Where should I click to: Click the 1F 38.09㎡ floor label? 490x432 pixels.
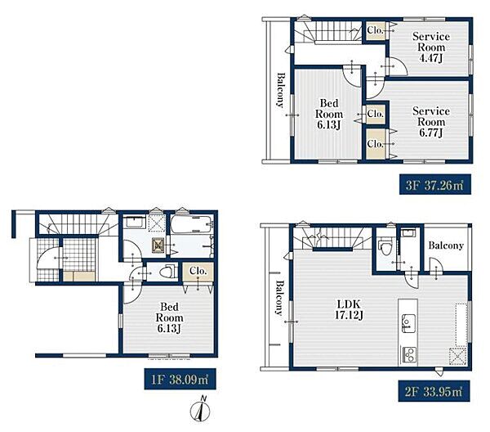coord(180,380)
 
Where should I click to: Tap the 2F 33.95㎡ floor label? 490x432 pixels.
coord(434,391)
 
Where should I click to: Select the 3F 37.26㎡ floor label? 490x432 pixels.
coord(435,185)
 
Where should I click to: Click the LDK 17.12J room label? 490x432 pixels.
coord(349,309)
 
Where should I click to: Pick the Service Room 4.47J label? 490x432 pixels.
coord(431,47)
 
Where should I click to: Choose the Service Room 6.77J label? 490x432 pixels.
coord(431,122)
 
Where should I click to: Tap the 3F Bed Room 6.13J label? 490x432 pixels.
coord(329,114)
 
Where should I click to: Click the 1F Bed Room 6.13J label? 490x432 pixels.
coord(169,317)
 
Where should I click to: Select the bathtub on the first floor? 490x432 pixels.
coord(192,224)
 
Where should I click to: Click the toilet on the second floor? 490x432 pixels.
coord(384,247)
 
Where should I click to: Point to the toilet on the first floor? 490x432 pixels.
coord(167,271)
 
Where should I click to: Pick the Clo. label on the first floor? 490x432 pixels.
coord(198,271)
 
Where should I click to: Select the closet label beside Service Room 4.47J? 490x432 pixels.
coord(375,30)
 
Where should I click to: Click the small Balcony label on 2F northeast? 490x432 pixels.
coord(446,245)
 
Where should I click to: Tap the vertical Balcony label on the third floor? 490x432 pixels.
coord(281,91)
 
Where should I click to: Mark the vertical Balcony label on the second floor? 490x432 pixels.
coord(279,297)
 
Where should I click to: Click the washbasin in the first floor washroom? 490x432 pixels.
coord(134,222)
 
